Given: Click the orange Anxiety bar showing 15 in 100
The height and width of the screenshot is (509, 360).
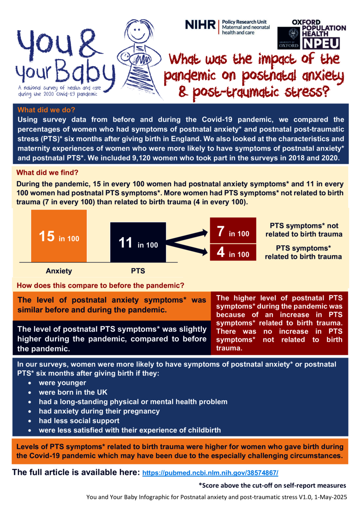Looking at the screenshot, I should point(59,236).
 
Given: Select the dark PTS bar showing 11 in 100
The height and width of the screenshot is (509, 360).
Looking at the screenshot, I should point(138,243).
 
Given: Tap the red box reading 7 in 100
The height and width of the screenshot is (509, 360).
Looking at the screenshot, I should point(233,231).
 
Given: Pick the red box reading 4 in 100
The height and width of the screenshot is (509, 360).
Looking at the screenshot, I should point(233,253).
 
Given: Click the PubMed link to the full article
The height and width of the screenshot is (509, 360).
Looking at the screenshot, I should point(210,472).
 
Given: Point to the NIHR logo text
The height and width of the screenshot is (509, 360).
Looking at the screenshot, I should point(200,25).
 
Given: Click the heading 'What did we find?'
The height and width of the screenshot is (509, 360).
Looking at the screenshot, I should point(47,173).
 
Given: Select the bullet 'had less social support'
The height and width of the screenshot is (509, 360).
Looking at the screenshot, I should point(79,421).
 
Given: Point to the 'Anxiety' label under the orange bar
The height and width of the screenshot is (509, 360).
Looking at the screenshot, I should point(59,271).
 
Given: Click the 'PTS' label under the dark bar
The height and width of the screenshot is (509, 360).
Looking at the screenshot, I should point(138,271).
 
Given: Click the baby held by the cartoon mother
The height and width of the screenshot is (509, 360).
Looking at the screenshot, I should point(126,57).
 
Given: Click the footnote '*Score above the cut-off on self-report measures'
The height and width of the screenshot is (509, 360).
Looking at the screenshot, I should point(272,485).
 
